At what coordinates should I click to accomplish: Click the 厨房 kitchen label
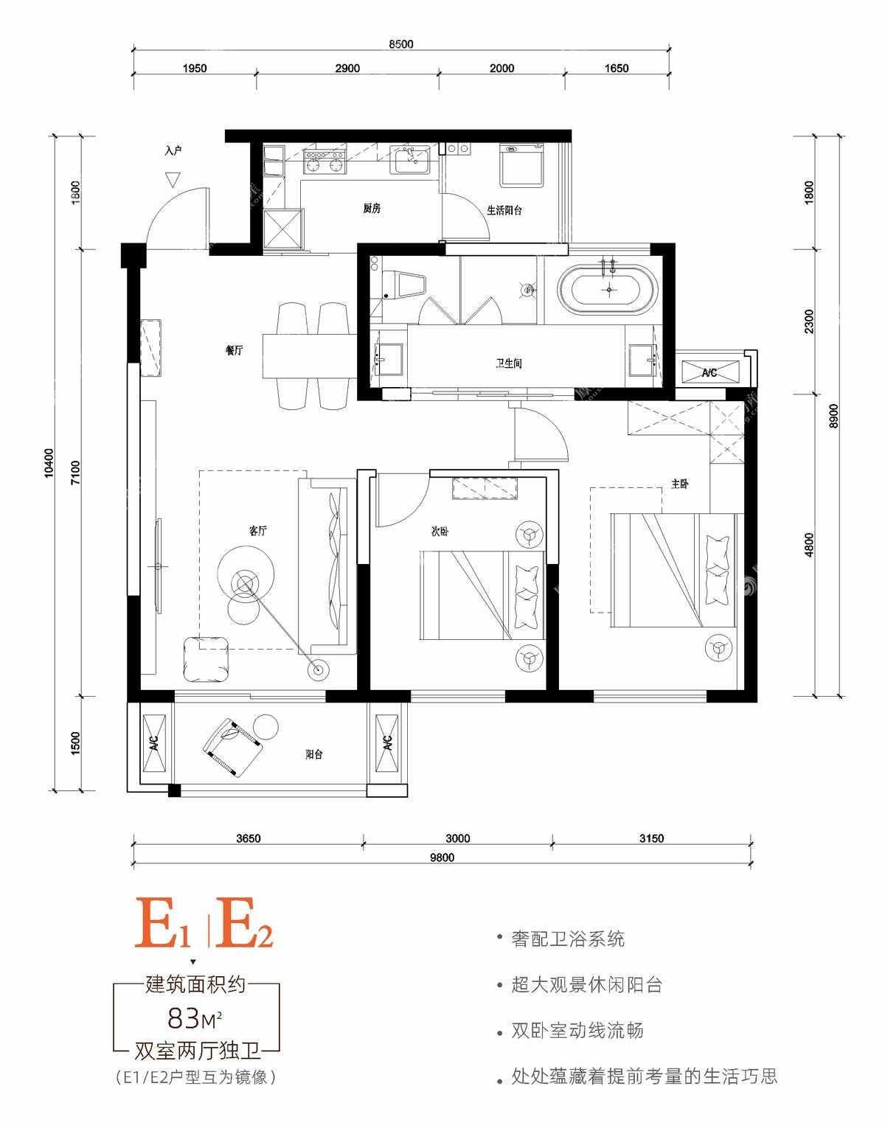point(372,209)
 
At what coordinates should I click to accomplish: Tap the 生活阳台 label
point(504,210)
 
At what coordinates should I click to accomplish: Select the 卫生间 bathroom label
point(508,363)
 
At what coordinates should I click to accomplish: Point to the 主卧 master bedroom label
point(680,484)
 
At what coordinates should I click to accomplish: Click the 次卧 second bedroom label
point(440,532)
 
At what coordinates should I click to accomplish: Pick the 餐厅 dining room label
point(234,350)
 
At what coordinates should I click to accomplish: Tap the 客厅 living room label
point(257,531)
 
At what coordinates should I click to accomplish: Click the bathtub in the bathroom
point(608,289)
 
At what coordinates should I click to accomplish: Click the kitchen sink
point(410,159)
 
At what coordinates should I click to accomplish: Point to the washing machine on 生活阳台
point(521,166)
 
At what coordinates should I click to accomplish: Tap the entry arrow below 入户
point(173,180)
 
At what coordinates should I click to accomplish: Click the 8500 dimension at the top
point(401,44)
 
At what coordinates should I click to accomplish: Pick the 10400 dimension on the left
point(49,463)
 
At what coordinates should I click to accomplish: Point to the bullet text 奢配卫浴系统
point(568,939)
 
